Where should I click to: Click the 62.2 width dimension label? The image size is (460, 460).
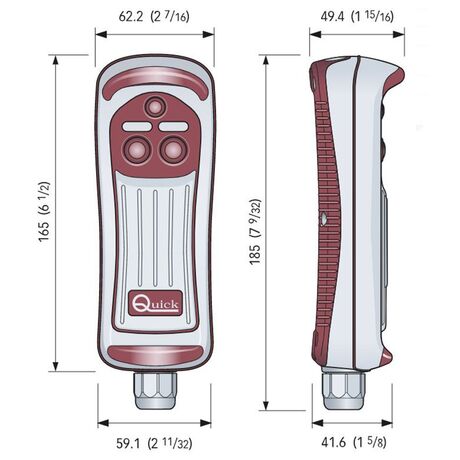click(x=154, y=16)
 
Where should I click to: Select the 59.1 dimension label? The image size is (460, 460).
click(x=154, y=443)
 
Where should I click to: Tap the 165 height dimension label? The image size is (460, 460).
click(x=44, y=212)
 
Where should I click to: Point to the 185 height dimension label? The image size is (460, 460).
click(x=256, y=232)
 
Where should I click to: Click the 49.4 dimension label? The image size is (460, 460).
click(x=357, y=16)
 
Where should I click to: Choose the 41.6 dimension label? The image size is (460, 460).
click(x=354, y=443)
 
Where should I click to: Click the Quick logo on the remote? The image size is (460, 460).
click(x=155, y=303)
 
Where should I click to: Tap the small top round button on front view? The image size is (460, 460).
click(x=155, y=107)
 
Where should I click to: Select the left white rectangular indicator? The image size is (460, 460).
click(x=137, y=127)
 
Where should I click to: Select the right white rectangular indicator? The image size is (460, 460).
click(x=173, y=127)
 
